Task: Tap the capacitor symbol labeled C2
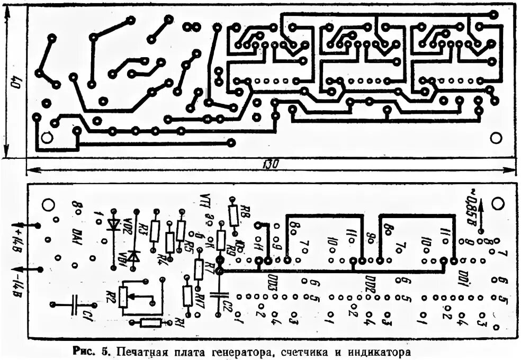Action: [217, 294]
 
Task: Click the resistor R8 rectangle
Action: [232, 214]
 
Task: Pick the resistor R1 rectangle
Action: [151, 322]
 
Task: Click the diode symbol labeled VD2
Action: [113, 224]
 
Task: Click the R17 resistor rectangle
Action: [187, 295]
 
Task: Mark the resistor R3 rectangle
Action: [155, 231]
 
